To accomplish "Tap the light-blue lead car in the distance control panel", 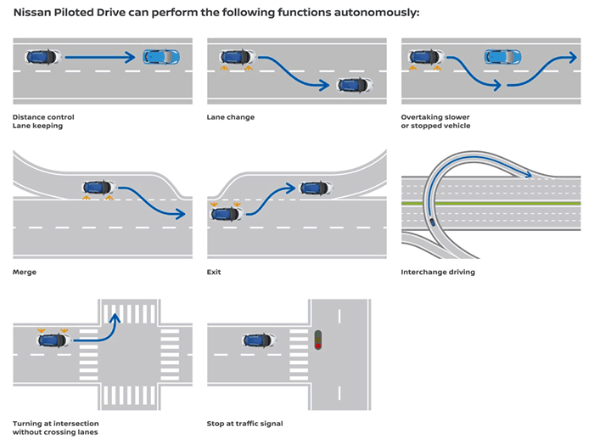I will pyautogui.click(x=161, y=57).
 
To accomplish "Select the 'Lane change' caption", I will pyautogui.click(x=230, y=116).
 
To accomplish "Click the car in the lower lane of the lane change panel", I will pyautogui.click(x=355, y=85).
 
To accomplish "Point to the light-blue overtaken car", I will pyautogui.click(x=502, y=57).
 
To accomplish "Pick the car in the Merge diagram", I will pyautogui.click(x=99, y=187).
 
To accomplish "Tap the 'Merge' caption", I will pyautogui.click(x=25, y=272).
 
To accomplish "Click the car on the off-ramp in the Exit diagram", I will pyautogui.click(x=316, y=188).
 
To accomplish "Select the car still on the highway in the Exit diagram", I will pyautogui.click(x=227, y=213).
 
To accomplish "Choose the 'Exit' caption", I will pyautogui.click(x=214, y=272).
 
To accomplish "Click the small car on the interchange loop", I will pyautogui.click(x=434, y=223).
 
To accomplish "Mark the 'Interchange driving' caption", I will pyautogui.click(x=438, y=272).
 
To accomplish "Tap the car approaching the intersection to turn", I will pyautogui.click(x=54, y=340).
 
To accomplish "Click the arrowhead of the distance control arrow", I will pyautogui.click(x=129, y=57).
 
